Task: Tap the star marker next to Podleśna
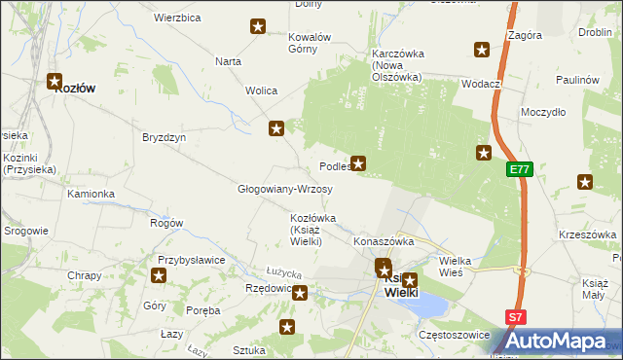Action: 359,163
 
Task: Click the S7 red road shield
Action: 516,317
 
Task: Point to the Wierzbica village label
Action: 177,18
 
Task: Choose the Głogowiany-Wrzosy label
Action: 285,189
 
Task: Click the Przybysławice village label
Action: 192,260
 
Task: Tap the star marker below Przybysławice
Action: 159,275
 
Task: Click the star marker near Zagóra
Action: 481,50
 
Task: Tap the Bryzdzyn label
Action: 164,137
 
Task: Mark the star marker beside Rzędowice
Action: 300,293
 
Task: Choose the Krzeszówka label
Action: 589,234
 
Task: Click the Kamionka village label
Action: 91,194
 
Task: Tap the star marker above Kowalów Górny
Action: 258,26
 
